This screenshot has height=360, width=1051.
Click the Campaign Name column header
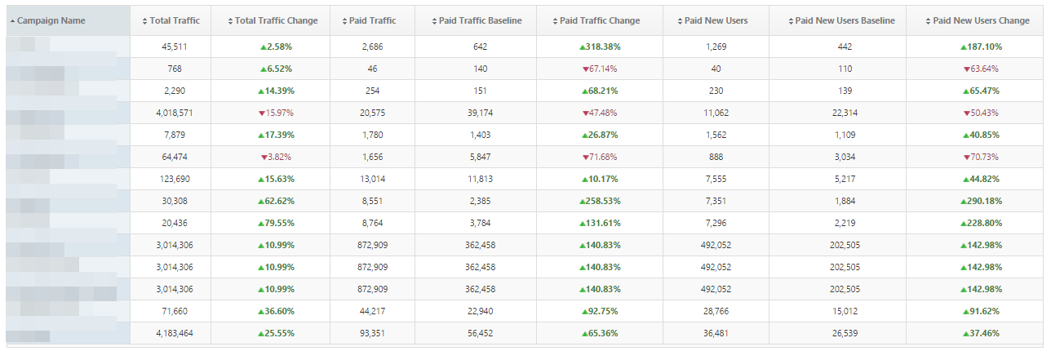pyautogui.click(x=51, y=20)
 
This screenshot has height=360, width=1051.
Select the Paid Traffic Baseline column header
pyautogui.click(x=480, y=20)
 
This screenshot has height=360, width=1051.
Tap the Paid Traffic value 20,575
pyautogui.click(x=372, y=113)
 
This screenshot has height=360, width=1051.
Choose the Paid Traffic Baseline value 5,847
pyautogui.click(x=480, y=157)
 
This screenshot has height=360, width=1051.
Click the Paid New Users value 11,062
pyautogui.click(x=715, y=113)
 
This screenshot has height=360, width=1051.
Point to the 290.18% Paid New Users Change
pyautogui.click(x=981, y=201)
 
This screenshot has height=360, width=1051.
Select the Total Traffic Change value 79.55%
pyautogui.click(x=276, y=223)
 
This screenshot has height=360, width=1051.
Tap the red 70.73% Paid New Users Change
pyautogui.click(x=981, y=157)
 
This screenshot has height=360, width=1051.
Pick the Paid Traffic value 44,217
pyautogui.click(x=372, y=311)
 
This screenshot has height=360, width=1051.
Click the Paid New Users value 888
pyautogui.click(x=715, y=157)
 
